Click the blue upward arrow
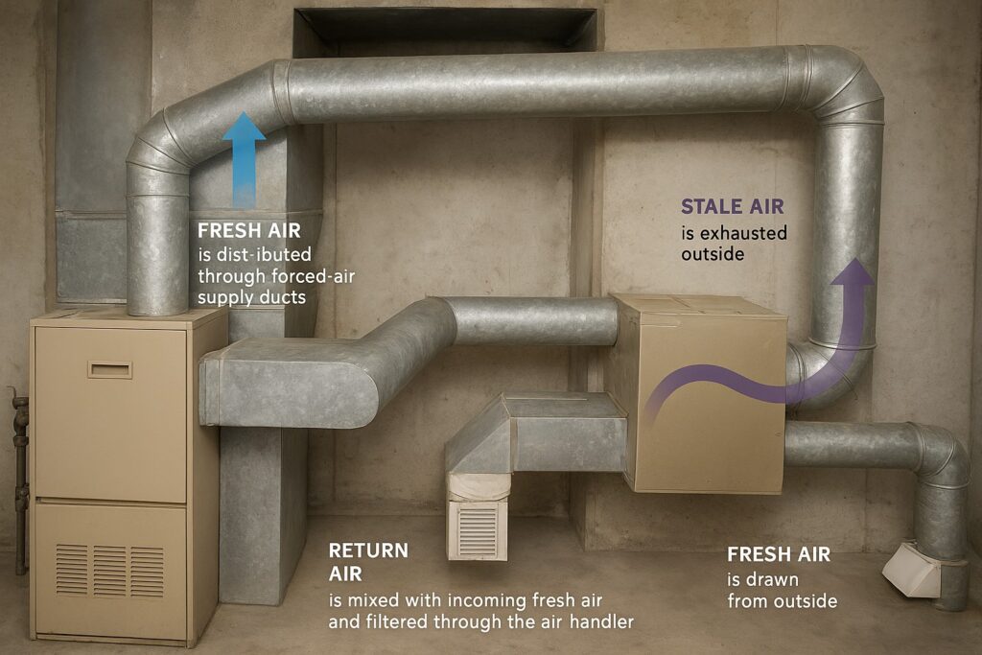pyautogui.click(x=244, y=160)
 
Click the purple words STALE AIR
pyautogui.click(x=732, y=206)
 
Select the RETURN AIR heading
pyautogui.click(x=368, y=562)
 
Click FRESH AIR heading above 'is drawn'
pyautogui.click(x=779, y=554)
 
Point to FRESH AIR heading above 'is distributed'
pyautogui.click(x=249, y=230)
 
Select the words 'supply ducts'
pyautogui.click(x=252, y=297)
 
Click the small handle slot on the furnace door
pyautogui.click(x=109, y=369)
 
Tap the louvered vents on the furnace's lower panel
pyautogui.click(x=109, y=571)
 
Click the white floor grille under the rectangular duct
pyautogui.click(x=478, y=530)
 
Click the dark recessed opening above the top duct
pyautogui.click(x=445, y=30)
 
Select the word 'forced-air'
pyautogui.click(x=315, y=275)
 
